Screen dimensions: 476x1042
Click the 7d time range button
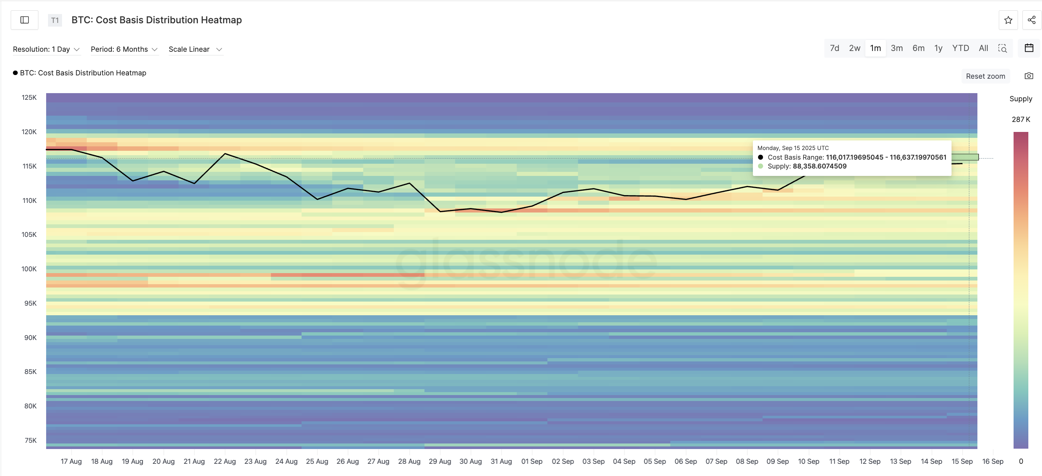pyautogui.click(x=834, y=48)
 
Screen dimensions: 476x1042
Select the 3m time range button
pyautogui.click(x=897, y=48)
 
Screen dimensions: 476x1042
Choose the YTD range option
pyautogui.click(x=960, y=48)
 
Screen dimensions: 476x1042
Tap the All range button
pyautogui.click(x=983, y=48)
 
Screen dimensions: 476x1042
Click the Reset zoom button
pyautogui.click(x=985, y=76)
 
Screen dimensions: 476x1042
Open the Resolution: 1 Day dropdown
pyautogui.click(x=46, y=50)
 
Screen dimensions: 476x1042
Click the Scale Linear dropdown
pyautogui.click(x=195, y=50)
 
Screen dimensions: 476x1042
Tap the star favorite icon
pyautogui.click(x=1008, y=20)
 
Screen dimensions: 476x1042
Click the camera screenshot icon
pyautogui.click(x=1029, y=76)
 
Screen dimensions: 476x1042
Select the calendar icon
pyautogui.click(x=1029, y=48)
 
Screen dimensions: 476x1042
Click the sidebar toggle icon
pyautogui.click(x=25, y=20)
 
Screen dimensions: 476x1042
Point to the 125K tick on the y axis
pyautogui.click(x=29, y=98)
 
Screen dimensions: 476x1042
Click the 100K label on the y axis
pyautogui.click(x=29, y=269)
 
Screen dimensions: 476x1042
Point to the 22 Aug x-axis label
pyautogui.click(x=224, y=462)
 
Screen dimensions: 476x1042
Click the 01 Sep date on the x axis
pyautogui.click(x=531, y=462)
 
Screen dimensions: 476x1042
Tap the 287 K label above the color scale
pyautogui.click(x=1021, y=119)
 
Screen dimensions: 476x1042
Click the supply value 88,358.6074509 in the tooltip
pyautogui.click(x=819, y=166)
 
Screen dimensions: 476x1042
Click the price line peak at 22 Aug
pyautogui.click(x=225, y=154)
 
